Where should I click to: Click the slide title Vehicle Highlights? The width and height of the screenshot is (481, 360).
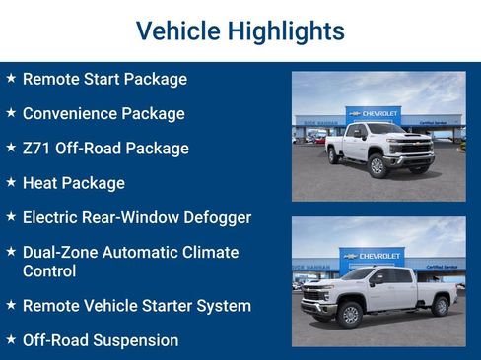240,30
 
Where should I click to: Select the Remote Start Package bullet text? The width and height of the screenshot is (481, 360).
104,79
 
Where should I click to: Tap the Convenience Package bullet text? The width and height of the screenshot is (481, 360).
103,113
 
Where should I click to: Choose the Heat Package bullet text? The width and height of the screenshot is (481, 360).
74,183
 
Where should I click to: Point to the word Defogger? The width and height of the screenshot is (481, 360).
217,217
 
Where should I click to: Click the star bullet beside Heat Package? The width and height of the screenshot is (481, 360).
11,182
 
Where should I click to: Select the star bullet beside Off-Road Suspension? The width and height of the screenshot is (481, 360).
11,339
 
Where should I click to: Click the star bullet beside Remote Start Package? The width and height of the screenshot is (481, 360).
11,78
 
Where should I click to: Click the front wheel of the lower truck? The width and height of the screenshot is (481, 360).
349,313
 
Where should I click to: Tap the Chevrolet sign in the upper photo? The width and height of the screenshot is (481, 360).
375,113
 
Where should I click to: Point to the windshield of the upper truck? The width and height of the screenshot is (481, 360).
385,130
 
